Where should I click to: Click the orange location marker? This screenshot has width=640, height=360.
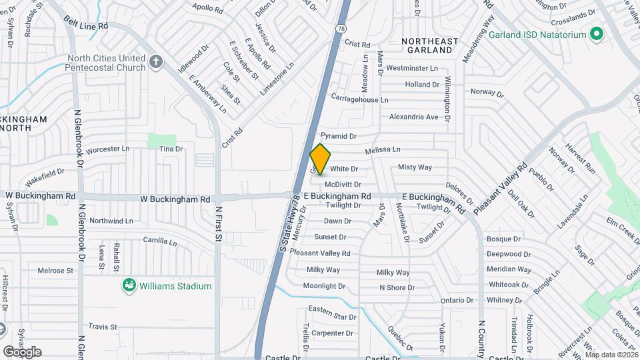pos(320,159)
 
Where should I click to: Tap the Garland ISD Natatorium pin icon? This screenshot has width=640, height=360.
pos(597,34)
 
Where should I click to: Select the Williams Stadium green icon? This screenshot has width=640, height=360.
pos(129,286)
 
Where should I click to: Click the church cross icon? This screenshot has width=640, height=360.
pos(156,63)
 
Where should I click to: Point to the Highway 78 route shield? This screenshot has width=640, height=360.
pos(341,29)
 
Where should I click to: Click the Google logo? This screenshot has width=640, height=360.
pos(22,351)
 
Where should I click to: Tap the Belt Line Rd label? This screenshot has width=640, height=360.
pos(86,25)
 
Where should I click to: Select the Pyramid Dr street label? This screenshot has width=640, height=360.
pos(339,136)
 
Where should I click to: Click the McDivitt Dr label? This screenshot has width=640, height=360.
pos(343,184)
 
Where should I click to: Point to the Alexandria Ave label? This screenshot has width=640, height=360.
pos(414,117)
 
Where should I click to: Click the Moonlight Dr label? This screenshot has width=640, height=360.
pos(324,286)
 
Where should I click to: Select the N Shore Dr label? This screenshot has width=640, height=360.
pos(397,288)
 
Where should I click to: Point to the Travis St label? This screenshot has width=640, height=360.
pos(103,327)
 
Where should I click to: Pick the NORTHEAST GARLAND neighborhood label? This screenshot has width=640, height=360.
pos(431,46)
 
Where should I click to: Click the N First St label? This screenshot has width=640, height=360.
pos(218,223)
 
